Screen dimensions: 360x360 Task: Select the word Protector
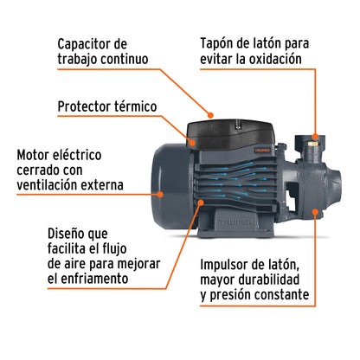pyautogui.click(x=85, y=107)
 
